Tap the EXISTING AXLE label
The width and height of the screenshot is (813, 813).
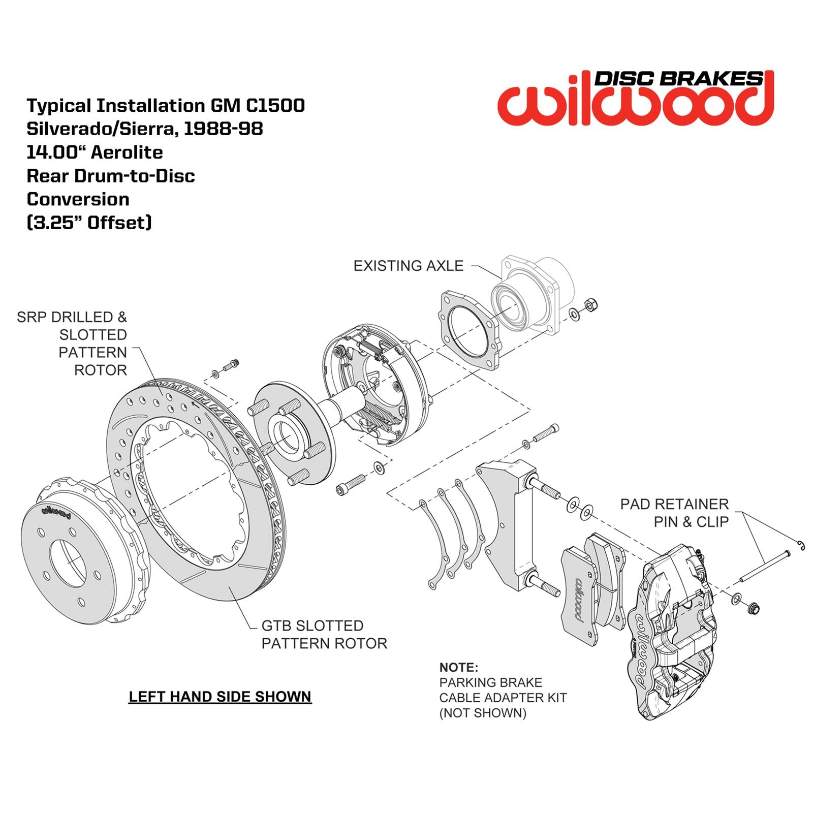click(x=408, y=266)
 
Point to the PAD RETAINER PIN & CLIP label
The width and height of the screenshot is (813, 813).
click(x=674, y=513)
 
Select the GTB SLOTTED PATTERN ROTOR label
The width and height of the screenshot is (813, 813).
click(x=324, y=634)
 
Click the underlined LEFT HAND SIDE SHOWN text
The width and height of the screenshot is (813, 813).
click(x=220, y=696)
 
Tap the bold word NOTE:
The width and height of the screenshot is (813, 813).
click(x=458, y=667)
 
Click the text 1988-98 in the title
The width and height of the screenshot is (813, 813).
click(x=223, y=129)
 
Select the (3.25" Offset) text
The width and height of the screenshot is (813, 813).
click(x=89, y=223)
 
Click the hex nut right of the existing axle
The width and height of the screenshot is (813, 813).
click(x=591, y=305)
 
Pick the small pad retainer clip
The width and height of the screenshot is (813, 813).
click(x=800, y=545)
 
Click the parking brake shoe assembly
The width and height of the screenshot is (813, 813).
click(x=373, y=384)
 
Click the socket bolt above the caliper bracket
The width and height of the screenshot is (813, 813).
click(x=545, y=432)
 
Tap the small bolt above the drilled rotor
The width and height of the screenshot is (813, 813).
click(x=232, y=364)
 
